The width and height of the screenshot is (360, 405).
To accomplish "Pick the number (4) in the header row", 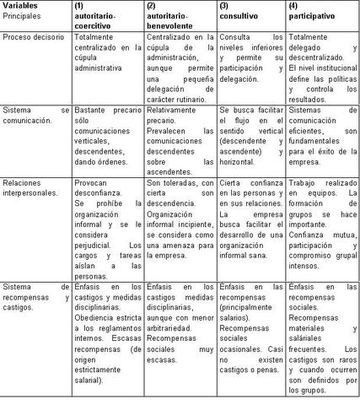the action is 294,5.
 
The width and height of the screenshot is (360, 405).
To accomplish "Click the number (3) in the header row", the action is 224,5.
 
